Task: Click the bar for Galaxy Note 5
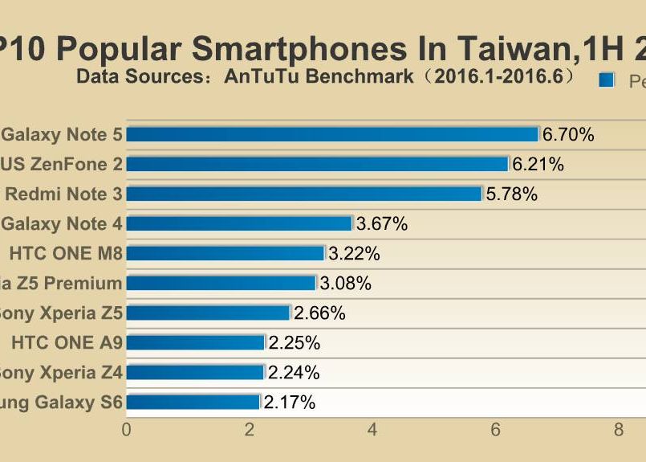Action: [x=332, y=134]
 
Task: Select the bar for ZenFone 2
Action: [x=317, y=164]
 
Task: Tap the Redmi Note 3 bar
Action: [x=304, y=194]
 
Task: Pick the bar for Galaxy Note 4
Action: [x=239, y=223]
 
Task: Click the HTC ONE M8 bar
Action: [x=225, y=253]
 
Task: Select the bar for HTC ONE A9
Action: [x=195, y=342]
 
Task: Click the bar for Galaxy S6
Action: [x=193, y=402]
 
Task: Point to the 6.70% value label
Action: [x=568, y=135]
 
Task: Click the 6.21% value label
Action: [x=538, y=165]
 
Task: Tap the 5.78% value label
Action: [x=511, y=194]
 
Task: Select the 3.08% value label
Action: [x=345, y=284]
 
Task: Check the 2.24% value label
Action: [x=294, y=373]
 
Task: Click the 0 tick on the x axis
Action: [x=126, y=430]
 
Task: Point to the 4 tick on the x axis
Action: [x=372, y=430]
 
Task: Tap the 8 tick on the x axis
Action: [x=619, y=430]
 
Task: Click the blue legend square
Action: [x=607, y=80]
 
